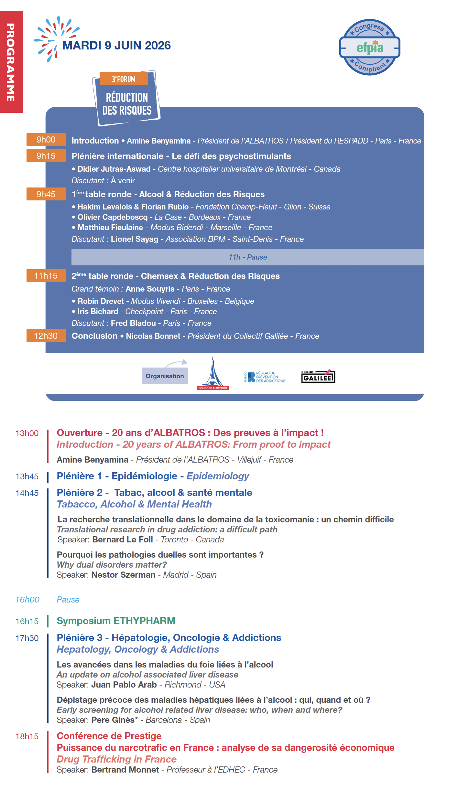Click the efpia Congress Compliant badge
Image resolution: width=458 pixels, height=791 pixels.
(369, 47)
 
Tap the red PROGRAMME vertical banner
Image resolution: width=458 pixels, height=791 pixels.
(11, 62)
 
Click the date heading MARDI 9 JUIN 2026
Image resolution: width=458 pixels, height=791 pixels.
(116, 46)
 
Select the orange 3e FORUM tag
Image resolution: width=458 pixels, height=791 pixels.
(124, 79)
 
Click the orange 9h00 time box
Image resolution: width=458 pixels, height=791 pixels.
(46, 140)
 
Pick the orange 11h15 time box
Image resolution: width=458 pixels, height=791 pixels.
(46, 276)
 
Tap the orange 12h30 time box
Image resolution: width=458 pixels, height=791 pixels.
(46, 336)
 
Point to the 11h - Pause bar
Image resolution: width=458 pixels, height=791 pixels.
(247, 257)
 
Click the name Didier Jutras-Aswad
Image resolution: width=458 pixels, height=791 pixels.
(114, 169)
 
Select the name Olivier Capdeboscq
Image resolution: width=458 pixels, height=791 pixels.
(112, 217)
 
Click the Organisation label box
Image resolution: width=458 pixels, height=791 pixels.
(165, 376)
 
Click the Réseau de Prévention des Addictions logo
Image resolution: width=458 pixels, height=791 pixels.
(265, 377)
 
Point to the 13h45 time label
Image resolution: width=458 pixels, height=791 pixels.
(27, 476)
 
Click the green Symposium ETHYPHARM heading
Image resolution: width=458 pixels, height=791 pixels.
(116, 621)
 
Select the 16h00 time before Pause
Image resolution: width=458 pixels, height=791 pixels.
(27, 600)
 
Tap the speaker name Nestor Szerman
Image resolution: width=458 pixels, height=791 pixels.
(123, 575)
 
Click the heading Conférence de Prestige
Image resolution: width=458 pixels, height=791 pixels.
(109, 736)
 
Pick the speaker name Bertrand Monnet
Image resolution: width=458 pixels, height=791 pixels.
(125, 770)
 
